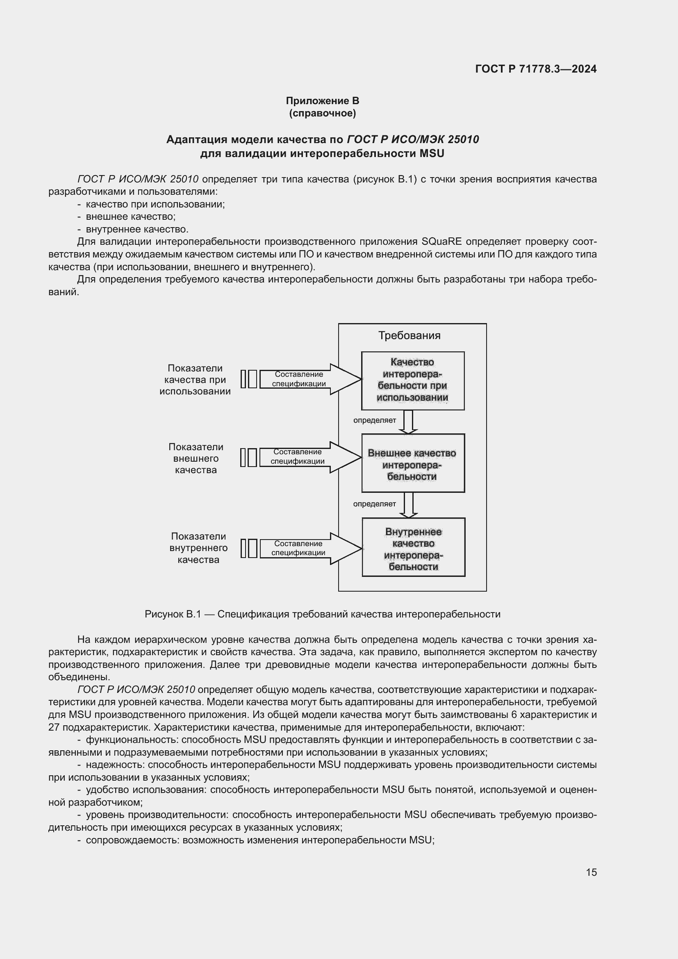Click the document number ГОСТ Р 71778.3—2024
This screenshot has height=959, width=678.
pyautogui.click(x=536, y=69)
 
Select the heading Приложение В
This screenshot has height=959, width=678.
pyautogui.click(x=322, y=101)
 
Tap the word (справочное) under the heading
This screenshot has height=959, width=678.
pyautogui.click(x=322, y=113)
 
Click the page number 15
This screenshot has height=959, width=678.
pyautogui.click(x=591, y=872)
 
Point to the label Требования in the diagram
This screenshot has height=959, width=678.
pyautogui.click(x=409, y=335)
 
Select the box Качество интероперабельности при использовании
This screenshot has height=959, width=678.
pyautogui.click(x=412, y=380)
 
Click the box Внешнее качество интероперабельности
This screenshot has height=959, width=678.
pyautogui.click(x=412, y=463)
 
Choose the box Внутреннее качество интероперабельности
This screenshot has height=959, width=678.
pyautogui.click(x=413, y=548)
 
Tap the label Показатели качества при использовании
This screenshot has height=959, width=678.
pyautogui.click(x=195, y=380)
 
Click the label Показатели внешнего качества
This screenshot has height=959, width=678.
pyautogui.click(x=196, y=458)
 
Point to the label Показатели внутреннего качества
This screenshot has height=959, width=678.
pyautogui.click(x=198, y=548)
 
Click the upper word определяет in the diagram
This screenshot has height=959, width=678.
pyautogui.click(x=375, y=420)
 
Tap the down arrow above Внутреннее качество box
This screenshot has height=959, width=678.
pyautogui.click(x=408, y=505)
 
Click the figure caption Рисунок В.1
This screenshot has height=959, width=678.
pyautogui.click(x=322, y=614)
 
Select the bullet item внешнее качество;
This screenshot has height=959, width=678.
pyautogui.click(x=131, y=216)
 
